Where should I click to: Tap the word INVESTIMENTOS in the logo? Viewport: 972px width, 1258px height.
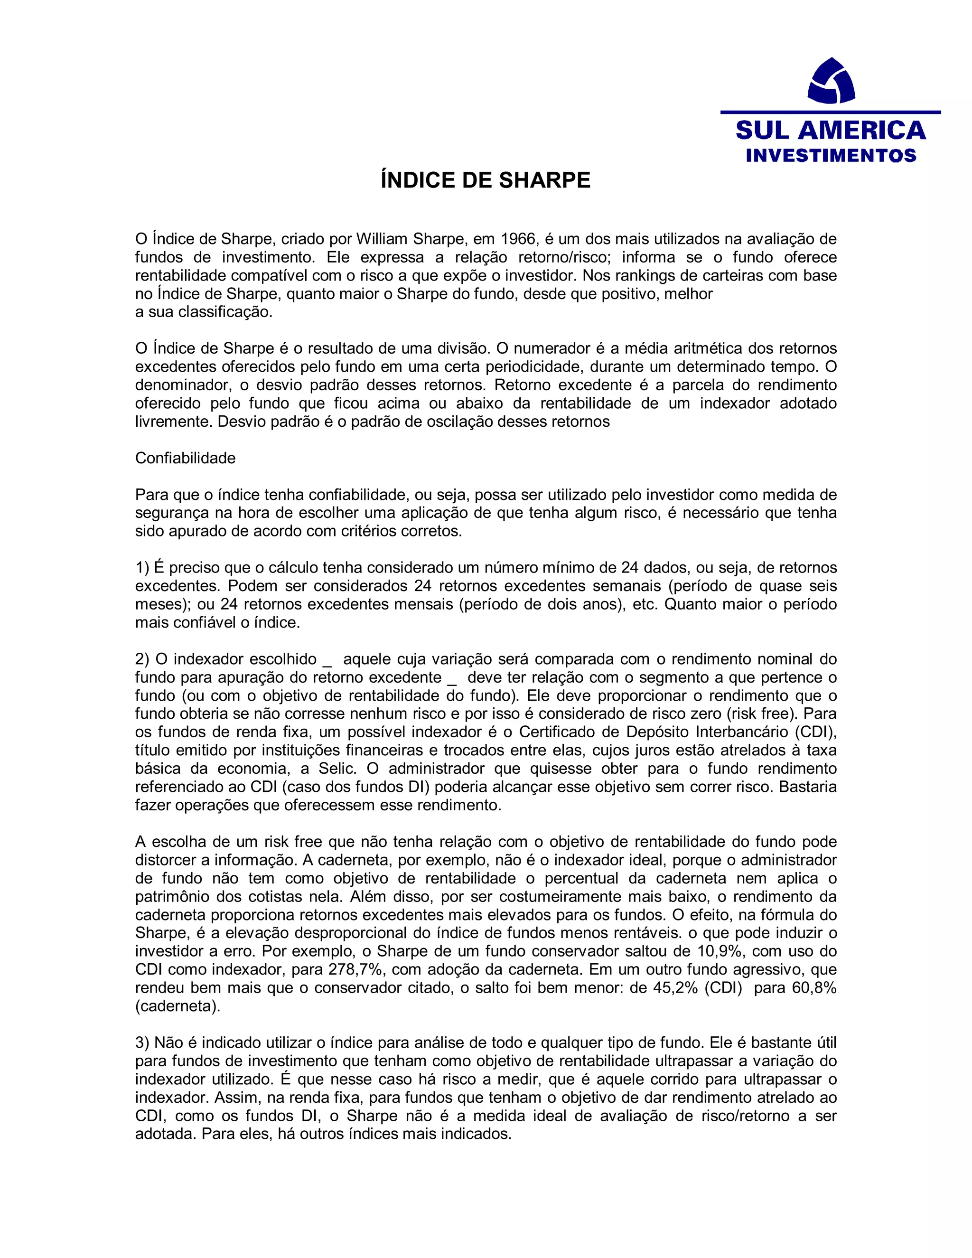pos(831,156)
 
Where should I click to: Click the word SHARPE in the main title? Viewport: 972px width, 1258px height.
pos(544,181)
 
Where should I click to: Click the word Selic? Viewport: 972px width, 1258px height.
pos(337,769)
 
